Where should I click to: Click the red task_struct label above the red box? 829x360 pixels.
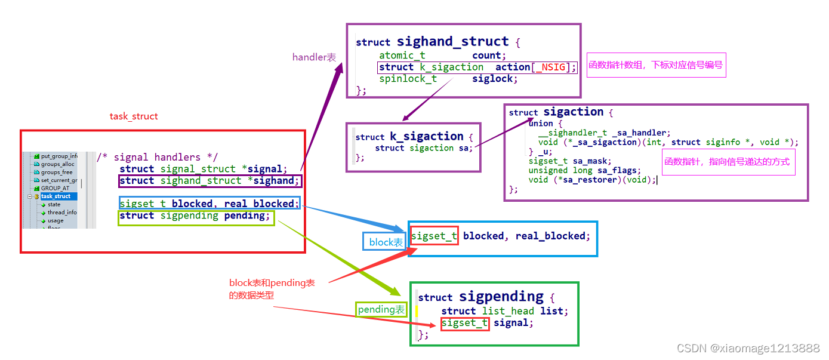click(x=134, y=116)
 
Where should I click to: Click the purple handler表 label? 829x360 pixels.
click(x=314, y=57)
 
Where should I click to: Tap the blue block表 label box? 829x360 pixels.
click(x=386, y=242)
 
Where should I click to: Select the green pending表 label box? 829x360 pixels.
click(x=381, y=310)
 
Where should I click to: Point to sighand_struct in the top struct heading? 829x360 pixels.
click(x=453, y=42)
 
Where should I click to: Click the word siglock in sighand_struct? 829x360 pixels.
click(x=495, y=79)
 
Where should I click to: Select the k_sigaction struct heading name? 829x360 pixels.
click(x=427, y=136)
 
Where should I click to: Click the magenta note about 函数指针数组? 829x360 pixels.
click(x=656, y=65)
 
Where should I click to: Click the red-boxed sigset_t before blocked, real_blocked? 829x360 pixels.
click(x=434, y=236)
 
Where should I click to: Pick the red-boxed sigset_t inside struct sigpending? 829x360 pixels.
click(x=465, y=323)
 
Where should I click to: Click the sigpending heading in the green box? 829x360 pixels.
click(x=501, y=297)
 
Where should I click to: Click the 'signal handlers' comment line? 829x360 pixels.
click(x=157, y=157)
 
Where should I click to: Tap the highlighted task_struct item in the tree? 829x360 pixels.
click(x=56, y=196)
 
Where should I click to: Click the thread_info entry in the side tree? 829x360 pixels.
click(x=62, y=212)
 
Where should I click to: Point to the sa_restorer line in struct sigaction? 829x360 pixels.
click(x=592, y=180)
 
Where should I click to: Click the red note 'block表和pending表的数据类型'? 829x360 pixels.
click(x=272, y=289)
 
